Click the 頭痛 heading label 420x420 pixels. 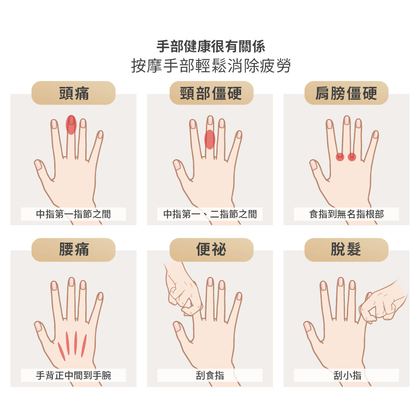[x=73, y=93]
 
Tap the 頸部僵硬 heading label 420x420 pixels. [x=211, y=93]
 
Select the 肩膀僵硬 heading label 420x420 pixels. [x=346, y=93]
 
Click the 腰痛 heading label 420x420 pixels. [x=73, y=249]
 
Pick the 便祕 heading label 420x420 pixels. [x=211, y=249]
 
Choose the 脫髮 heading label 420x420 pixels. [x=346, y=249]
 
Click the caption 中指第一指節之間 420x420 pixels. [x=73, y=214]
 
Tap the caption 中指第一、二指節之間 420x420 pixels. [x=210, y=214]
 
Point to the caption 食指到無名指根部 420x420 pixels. [x=346, y=214]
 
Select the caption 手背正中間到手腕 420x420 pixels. [x=73, y=375]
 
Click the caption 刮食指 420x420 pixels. [x=210, y=375]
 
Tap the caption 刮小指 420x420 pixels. [x=346, y=375]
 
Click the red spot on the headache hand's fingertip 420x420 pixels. [x=71, y=125]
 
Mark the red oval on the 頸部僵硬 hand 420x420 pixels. [x=210, y=139]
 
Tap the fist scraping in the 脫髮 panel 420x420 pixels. [x=380, y=302]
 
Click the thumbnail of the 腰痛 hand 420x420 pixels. [x=39, y=326]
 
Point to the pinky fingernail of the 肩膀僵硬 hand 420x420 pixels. [x=375, y=134]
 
